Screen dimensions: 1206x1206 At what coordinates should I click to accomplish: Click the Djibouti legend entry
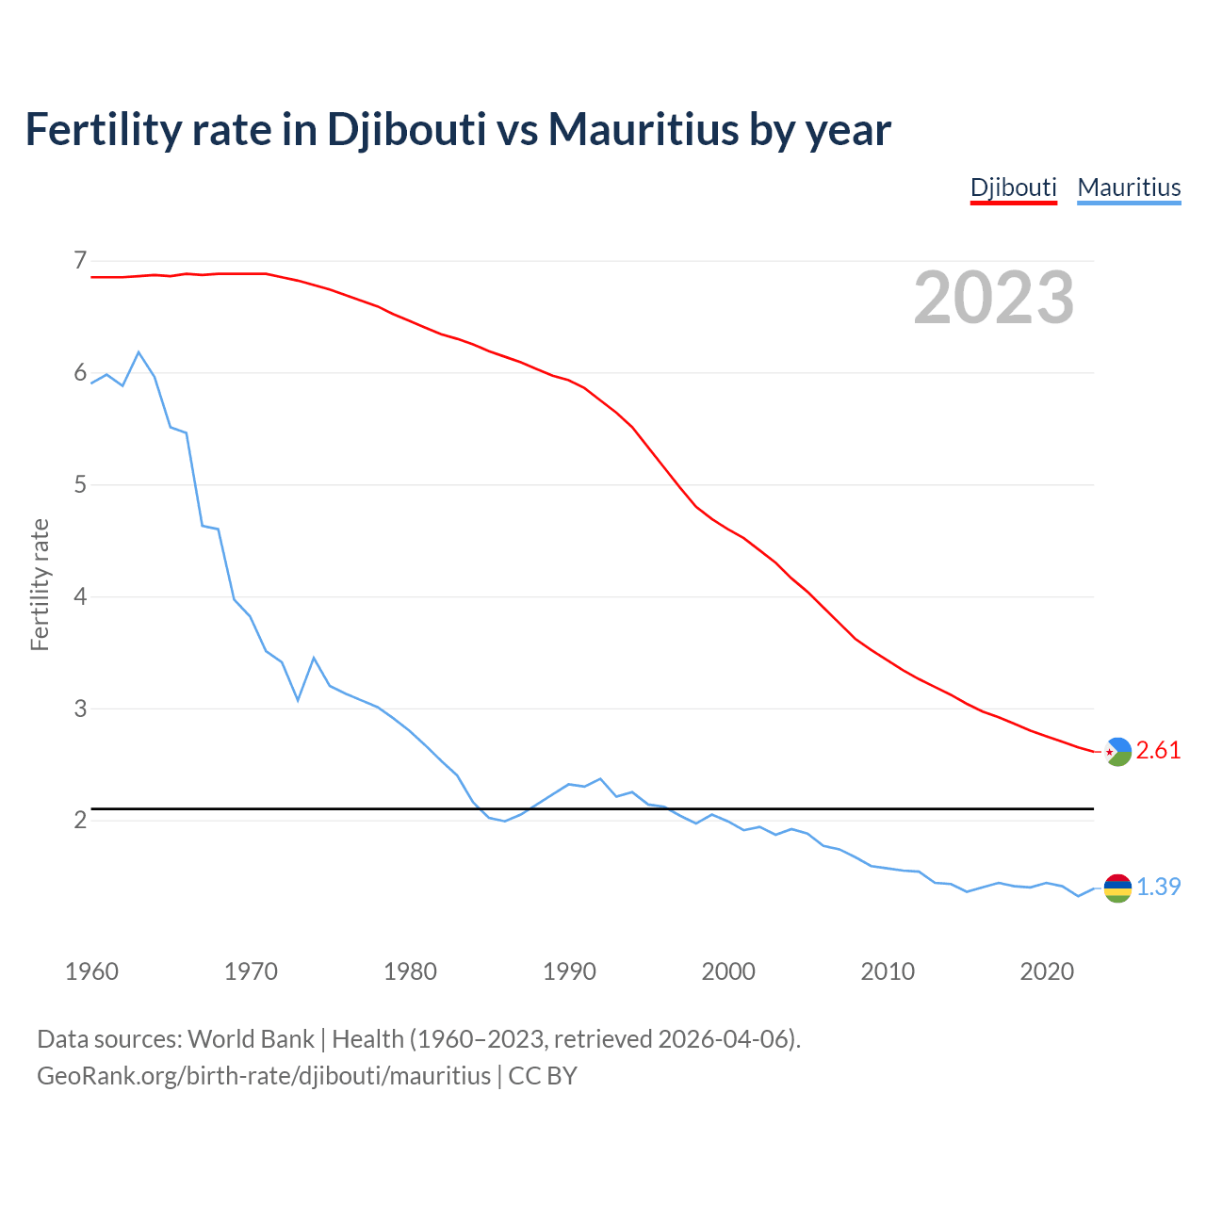[1014, 187]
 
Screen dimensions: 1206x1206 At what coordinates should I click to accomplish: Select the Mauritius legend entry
[1129, 187]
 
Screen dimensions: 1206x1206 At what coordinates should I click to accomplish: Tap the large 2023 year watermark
[994, 298]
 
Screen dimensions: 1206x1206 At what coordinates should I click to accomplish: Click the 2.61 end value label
[1158, 750]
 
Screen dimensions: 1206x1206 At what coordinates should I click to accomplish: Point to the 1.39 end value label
[1158, 887]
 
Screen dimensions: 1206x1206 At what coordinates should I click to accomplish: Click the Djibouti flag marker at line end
[1117, 751]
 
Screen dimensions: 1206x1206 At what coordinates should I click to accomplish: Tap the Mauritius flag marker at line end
[1117, 888]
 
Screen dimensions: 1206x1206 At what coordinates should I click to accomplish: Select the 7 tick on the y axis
[80, 260]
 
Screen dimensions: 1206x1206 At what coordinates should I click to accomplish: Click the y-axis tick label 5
[80, 484]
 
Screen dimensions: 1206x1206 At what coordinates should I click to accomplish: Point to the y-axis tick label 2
[80, 820]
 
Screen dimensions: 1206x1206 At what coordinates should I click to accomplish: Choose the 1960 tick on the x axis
[91, 971]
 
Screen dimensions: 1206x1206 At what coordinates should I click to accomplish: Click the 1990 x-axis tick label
[569, 971]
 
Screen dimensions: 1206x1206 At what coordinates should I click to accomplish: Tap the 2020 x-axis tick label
[1047, 971]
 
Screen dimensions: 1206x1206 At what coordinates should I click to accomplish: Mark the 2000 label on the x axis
[728, 971]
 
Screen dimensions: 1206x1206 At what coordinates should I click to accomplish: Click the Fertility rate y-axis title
[40, 584]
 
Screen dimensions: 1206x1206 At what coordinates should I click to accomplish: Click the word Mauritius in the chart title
[644, 129]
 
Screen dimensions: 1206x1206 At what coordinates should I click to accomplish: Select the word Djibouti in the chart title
[406, 129]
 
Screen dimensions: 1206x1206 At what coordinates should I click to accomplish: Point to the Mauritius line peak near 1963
[139, 352]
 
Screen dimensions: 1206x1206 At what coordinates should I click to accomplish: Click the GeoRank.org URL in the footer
[264, 1076]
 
